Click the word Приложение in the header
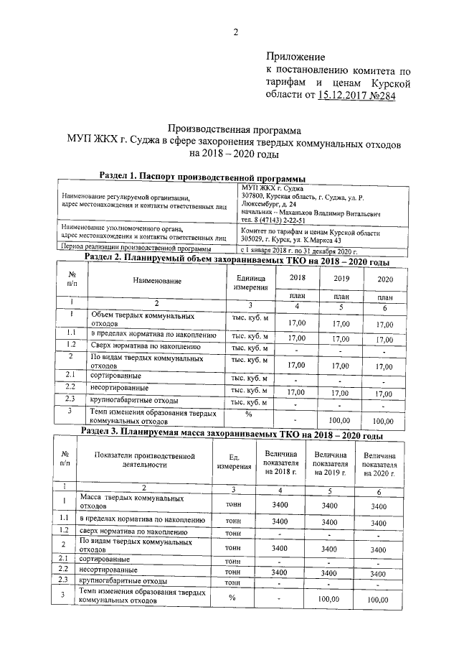[x=295, y=57]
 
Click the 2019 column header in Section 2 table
[x=341, y=278]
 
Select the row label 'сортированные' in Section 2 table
[x=115, y=375]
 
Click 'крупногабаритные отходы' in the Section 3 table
[x=123, y=580]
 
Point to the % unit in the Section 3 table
[x=232, y=598]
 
